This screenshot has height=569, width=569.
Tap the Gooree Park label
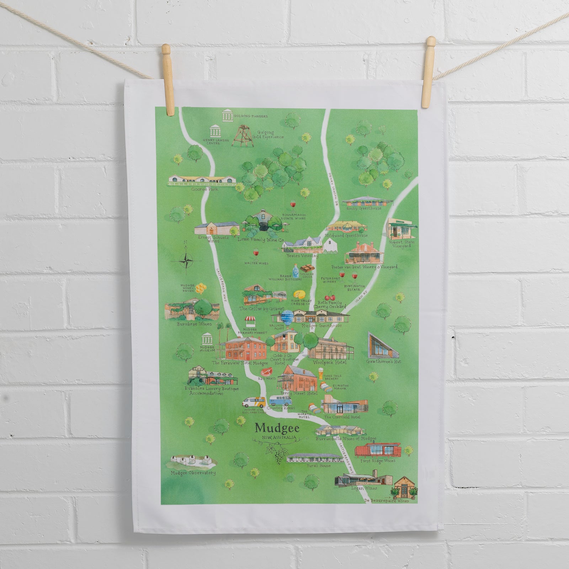pos(204,190)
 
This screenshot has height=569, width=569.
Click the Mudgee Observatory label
pos(193,473)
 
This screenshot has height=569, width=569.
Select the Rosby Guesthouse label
pos(367,208)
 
